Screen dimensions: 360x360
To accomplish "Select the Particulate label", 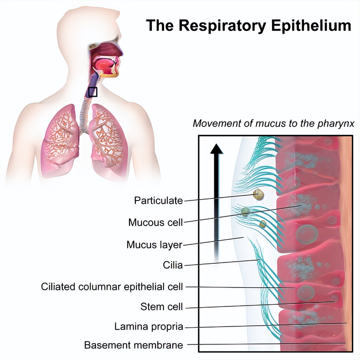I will (x=158, y=200).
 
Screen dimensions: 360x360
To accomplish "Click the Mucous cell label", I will (x=155, y=222).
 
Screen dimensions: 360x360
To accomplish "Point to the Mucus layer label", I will (x=154, y=244).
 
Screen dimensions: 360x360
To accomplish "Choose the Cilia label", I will (x=172, y=265).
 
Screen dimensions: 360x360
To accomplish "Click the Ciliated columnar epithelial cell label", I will (x=112, y=286).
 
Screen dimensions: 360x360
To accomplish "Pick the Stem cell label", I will (x=161, y=307).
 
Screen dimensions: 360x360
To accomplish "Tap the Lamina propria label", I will (x=148, y=326).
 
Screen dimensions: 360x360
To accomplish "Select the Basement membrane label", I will (x=133, y=345).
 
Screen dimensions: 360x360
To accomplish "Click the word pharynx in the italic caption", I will (x=336, y=123).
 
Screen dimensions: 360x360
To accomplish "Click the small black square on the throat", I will (x=93, y=92).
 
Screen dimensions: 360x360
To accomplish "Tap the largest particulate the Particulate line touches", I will (x=258, y=195).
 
